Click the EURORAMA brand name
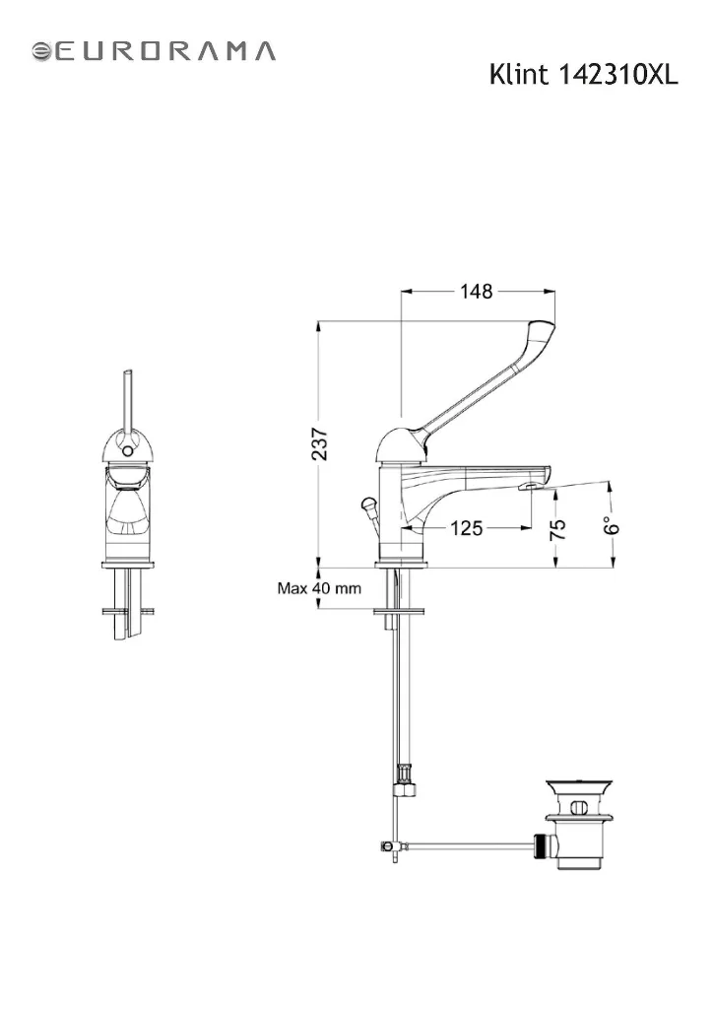coord(163,51)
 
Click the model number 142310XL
coord(617,75)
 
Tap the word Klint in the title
coord(519,75)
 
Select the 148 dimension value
coord(476,292)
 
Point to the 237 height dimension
coord(319,443)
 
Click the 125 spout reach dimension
coord(466,528)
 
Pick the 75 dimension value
coord(558,528)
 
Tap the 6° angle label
coord(613,525)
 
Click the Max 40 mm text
coord(319,588)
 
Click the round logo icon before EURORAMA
coord(41,51)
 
